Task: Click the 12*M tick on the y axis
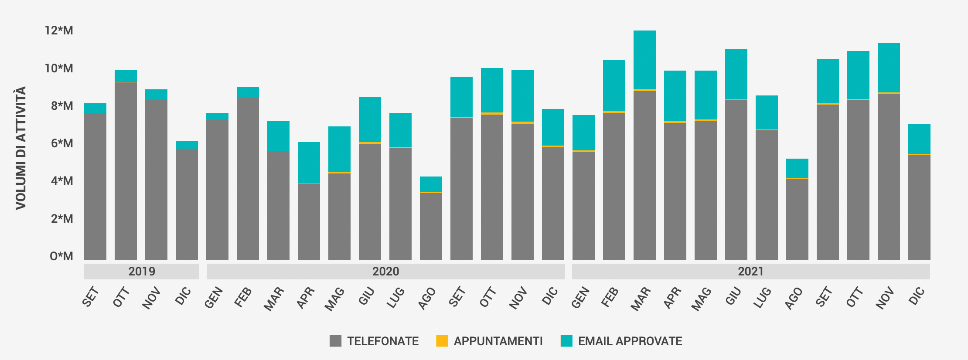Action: point(59,31)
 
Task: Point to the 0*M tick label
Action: point(61,256)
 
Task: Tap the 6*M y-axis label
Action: point(61,143)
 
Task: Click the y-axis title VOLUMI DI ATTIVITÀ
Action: point(21,148)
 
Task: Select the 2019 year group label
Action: point(141,272)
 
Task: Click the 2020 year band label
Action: point(385,272)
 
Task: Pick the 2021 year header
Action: point(750,272)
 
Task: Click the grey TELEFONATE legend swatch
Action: point(335,341)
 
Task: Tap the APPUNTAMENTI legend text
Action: point(498,341)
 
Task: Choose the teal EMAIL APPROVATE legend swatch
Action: point(566,341)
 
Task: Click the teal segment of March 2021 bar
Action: point(644,60)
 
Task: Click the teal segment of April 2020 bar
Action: point(309,162)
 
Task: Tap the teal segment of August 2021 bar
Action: point(797,168)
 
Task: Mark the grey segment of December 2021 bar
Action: point(919,207)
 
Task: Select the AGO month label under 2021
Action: point(794,299)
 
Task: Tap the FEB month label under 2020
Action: point(243,297)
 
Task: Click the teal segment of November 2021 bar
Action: point(889,68)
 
